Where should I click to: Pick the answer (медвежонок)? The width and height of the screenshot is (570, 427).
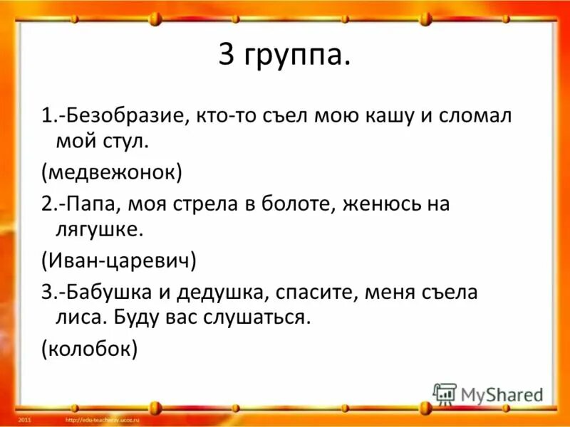(x=112, y=172)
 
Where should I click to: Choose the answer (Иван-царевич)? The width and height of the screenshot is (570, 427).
(x=119, y=260)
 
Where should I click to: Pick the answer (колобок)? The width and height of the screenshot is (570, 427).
(x=89, y=348)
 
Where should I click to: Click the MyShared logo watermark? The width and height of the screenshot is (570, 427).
(x=488, y=394)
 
